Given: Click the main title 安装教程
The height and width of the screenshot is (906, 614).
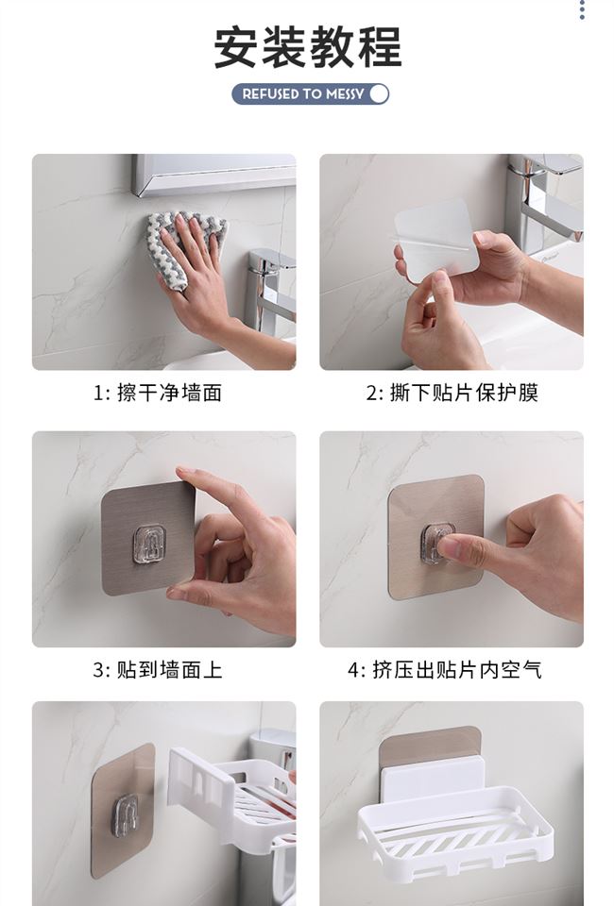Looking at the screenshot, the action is coord(308,47).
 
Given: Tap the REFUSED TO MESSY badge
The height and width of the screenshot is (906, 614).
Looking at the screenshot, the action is coord(311,93).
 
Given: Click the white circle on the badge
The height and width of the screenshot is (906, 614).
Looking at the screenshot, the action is coord(379,93).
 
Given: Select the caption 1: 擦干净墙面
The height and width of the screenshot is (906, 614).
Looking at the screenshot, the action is coord(158,393).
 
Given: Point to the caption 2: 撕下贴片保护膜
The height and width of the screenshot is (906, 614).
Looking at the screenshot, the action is coord(452,393).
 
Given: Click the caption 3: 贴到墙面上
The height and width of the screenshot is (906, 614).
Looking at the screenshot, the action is coord(158,670).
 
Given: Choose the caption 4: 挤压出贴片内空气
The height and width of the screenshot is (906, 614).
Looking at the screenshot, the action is coord(445,670).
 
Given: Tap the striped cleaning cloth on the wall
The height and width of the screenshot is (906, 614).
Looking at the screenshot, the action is coord(188,237).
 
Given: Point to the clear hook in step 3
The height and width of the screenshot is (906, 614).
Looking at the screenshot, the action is coord(149,544).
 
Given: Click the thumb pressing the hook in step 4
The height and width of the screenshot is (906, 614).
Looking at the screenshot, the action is coord(457,550).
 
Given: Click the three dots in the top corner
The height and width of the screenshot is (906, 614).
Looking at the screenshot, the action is coord(582,9).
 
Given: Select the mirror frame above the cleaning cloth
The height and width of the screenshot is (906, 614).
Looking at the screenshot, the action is coord(213,174).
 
